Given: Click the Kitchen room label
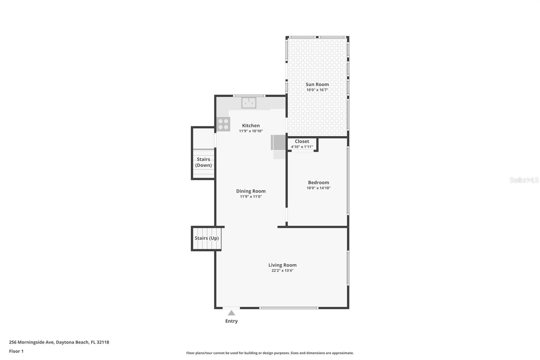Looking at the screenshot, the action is (x=251, y=126).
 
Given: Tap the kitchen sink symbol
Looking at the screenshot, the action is (x=249, y=103).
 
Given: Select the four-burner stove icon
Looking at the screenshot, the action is (x=223, y=124).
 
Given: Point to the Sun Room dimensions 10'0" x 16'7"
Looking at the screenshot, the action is (x=317, y=90).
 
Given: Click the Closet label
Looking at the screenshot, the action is (x=302, y=142).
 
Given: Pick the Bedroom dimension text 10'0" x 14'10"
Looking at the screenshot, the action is (x=319, y=188).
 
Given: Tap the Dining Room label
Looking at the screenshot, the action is (x=251, y=191).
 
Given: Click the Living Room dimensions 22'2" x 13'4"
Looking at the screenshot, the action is (x=282, y=271).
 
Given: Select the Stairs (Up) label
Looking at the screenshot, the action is (x=207, y=238).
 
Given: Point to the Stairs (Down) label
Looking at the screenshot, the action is (x=204, y=162).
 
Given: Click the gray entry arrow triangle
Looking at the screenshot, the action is (x=232, y=313).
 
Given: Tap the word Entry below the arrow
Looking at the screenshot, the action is (x=232, y=321).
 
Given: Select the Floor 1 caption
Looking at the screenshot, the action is (x=17, y=351).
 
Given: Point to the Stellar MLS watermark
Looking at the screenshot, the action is (x=524, y=180).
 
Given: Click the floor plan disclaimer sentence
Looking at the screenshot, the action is (x=270, y=353).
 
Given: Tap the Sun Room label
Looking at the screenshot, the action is (x=317, y=84).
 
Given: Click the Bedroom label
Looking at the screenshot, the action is (x=319, y=183).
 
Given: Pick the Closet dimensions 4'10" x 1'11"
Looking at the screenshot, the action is (x=302, y=147).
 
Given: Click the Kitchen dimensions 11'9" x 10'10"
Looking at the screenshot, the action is (x=251, y=131).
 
